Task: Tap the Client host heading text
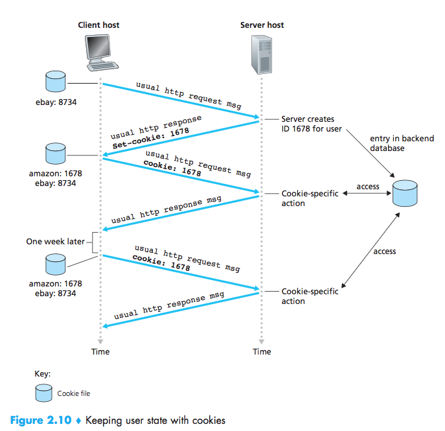pos(98,25)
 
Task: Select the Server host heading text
pos(262,25)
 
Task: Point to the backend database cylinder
pos(405,194)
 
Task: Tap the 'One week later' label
pos(55,241)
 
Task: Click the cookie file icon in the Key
pos(43,393)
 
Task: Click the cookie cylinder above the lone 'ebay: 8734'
pos(54,82)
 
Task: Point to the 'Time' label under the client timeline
pos(100,352)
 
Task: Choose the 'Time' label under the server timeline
pos(262,352)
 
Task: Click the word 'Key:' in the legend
pos(42,374)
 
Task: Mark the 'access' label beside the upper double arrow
pos(368,187)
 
